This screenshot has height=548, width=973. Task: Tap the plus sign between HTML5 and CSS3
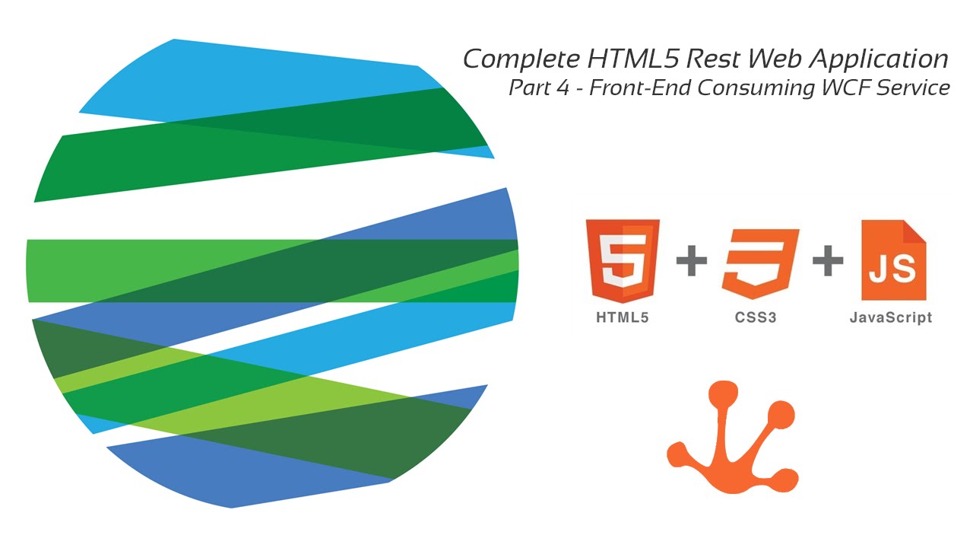point(691,263)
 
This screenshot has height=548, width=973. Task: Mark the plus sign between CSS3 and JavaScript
point(828,263)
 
